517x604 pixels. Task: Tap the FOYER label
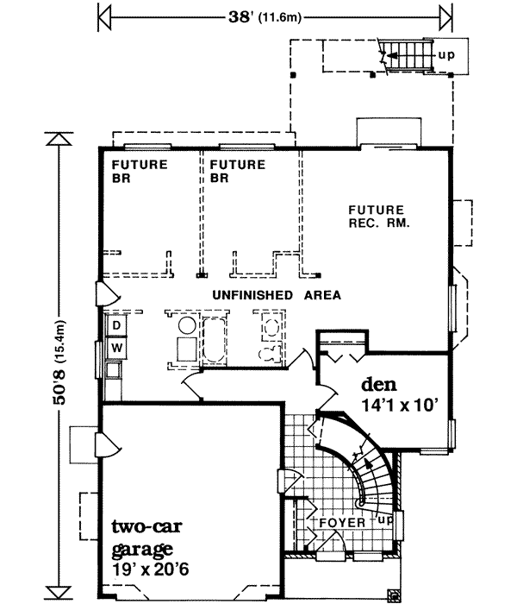(343, 523)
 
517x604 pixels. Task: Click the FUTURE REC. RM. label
(377, 216)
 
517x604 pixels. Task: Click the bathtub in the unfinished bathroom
(212, 341)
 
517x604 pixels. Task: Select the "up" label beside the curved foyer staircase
(384, 521)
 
